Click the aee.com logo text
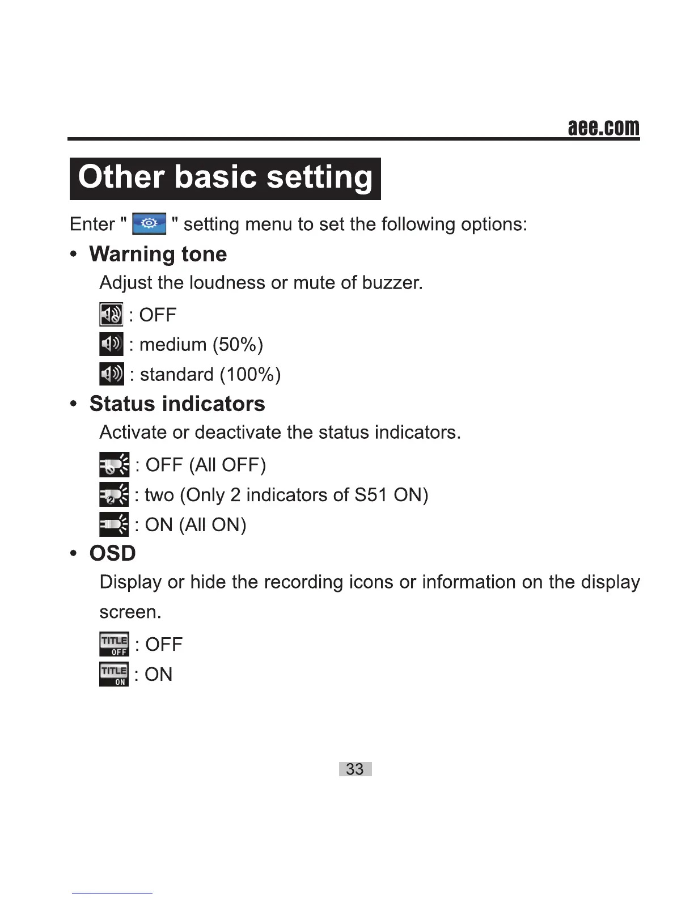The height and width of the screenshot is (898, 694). [x=603, y=128]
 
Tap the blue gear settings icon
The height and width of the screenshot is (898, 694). [x=149, y=224]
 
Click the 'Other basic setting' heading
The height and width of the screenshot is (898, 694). [x=225, y=178]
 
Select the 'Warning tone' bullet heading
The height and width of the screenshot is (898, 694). [x=158, y=254]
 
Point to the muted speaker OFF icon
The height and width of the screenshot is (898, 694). [x=111, y=314]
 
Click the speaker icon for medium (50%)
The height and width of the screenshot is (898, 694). [x=111, y=344]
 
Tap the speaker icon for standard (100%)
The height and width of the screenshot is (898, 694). [x=111, y=374]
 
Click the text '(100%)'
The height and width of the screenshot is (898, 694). [x=250, y=375]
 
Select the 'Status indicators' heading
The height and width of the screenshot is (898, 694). [x=177, y=404]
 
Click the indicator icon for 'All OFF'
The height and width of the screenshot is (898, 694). [x=114, y=465]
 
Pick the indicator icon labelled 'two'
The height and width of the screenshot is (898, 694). [x=114, y=495]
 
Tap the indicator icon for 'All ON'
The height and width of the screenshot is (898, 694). [x=114, y=524]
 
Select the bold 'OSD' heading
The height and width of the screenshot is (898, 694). [x=112, y=553]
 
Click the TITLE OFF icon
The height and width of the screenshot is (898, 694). [x=114, y=645]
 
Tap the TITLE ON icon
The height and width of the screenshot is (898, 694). [x=114, y=675]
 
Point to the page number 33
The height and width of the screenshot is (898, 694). [x=355, y=769]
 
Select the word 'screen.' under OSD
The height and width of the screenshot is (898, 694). [x=130, y=612]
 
